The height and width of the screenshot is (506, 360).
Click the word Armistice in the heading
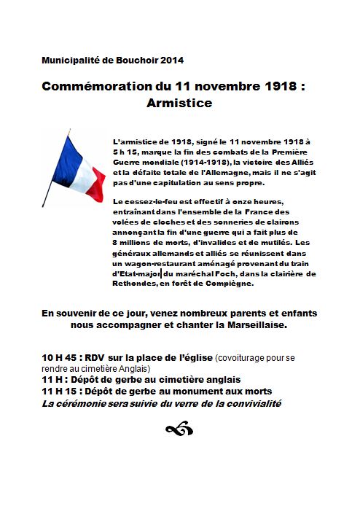(179, 104)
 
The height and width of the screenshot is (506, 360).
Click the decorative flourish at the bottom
(179, 430)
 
